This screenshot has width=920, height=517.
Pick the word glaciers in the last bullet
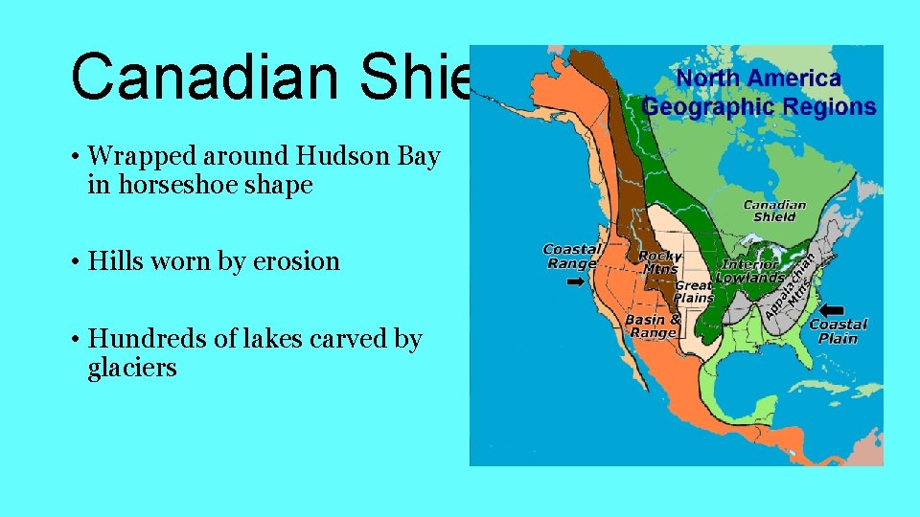click(132, 368)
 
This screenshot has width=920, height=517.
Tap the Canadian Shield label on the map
click(774, 211)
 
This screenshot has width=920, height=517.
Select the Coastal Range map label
click(570, 256)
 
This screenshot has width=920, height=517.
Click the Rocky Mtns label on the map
click(659, 261)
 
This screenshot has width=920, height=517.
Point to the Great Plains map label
click(694, 291)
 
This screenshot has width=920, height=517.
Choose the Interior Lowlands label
click(752, 271)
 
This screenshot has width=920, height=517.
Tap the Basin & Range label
click(653, 326)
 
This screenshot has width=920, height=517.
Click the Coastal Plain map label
click(839, 330)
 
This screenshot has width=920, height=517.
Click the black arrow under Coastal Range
click(575, 282)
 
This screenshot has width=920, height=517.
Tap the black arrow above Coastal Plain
click(832, 310)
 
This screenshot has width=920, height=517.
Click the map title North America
click(759, 79)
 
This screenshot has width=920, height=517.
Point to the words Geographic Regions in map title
click(759, 106)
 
